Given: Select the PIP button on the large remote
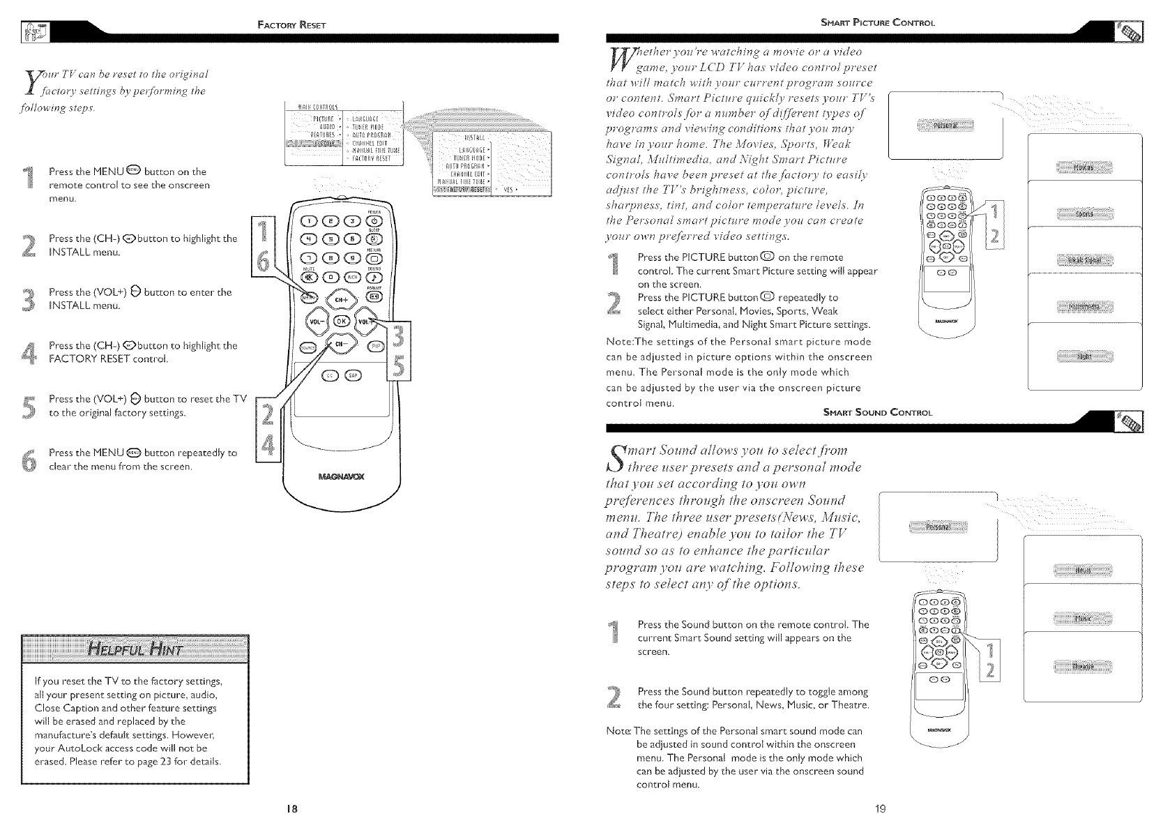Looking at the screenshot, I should [x=377, y=347].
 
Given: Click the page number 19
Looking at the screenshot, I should [x=880, y=809].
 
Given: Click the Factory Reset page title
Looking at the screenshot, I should [x=287, y=26].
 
